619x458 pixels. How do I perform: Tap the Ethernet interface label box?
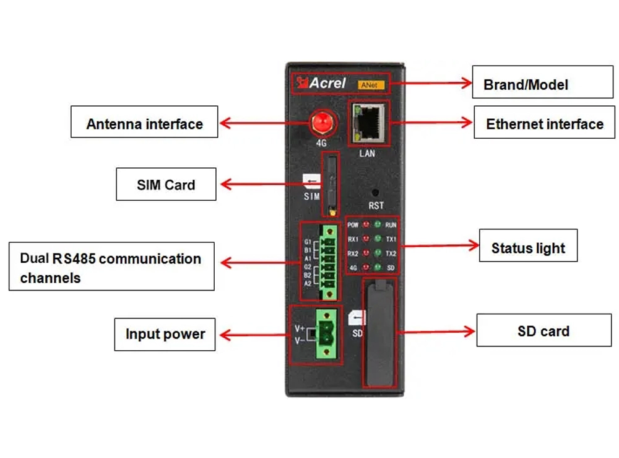[544, 122]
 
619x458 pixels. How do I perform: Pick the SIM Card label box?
[166, 184]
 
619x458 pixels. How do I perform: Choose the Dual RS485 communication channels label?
[111, 267]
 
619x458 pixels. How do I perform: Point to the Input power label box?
[165, 335]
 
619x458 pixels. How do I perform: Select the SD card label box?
[543, 330]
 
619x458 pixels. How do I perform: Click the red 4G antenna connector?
[320, 122]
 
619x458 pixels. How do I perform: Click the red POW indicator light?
[366, 225]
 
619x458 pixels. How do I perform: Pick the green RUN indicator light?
[378, 224]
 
